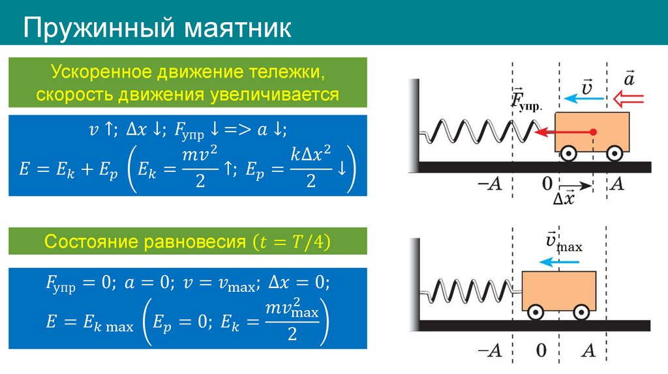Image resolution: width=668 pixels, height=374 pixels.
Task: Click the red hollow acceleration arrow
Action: click(x=628, y=98)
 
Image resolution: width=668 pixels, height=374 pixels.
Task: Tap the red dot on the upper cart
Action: click(x=594, y=132)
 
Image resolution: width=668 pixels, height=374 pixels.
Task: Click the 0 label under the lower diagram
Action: click(x=541, y=351)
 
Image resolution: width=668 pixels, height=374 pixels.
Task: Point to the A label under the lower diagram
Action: click(x=588, y=351)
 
